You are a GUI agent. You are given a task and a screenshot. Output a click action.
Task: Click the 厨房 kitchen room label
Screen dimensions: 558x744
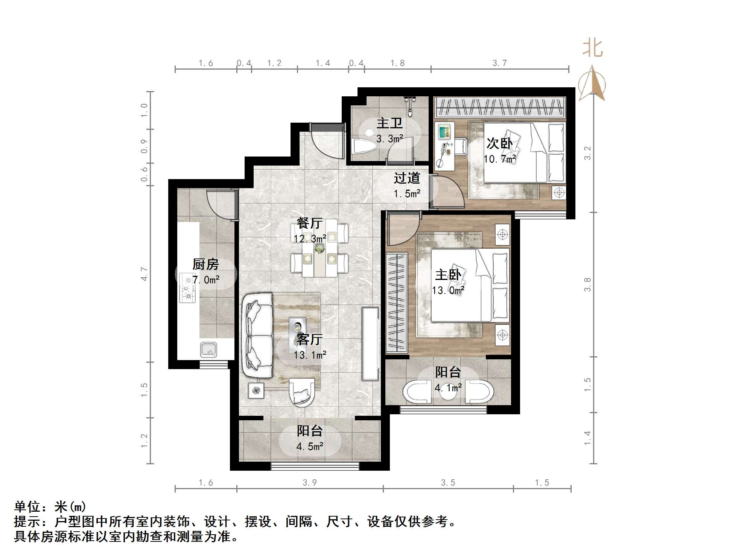click(x=205, y=265)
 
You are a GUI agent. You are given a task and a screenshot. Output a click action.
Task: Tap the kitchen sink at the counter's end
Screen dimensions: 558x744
click(x=208, y=350)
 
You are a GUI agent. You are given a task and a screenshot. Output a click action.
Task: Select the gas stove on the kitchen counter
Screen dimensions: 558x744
click(x=187, y=288)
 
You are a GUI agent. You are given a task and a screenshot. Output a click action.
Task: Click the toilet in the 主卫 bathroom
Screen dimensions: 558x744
click(x=364, y=146)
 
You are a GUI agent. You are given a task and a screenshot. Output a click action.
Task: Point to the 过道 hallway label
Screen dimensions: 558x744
click(x=406, y=178)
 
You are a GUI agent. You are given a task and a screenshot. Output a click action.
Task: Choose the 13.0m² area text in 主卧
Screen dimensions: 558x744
click(x=448, y=290)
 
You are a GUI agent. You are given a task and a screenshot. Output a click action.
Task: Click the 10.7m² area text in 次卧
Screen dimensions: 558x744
click(x=499, y=159)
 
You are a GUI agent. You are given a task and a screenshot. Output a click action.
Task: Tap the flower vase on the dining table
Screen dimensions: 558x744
click(x=320, y=248)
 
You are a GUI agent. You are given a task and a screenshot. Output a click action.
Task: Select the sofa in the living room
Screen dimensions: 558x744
click(x=258, y=336)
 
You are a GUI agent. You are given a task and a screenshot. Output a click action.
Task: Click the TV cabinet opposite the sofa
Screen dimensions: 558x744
click(x=370, y=343)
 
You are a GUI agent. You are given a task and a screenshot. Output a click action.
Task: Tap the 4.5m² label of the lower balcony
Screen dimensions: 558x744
click(x=310, y=447)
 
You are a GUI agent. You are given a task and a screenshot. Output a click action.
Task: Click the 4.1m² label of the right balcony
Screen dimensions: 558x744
click(x=448, y=388)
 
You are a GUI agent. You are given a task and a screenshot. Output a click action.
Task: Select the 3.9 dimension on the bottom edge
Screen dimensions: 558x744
click(x=310, y=483)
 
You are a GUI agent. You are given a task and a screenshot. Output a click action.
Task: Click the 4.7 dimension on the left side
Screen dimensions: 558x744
click(x=144, y=274)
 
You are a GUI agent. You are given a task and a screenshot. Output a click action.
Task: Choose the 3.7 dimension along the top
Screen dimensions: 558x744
click(x=499, y=63)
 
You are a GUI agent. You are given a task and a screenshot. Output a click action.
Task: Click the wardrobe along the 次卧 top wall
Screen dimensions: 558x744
click(x=499, y=107)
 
